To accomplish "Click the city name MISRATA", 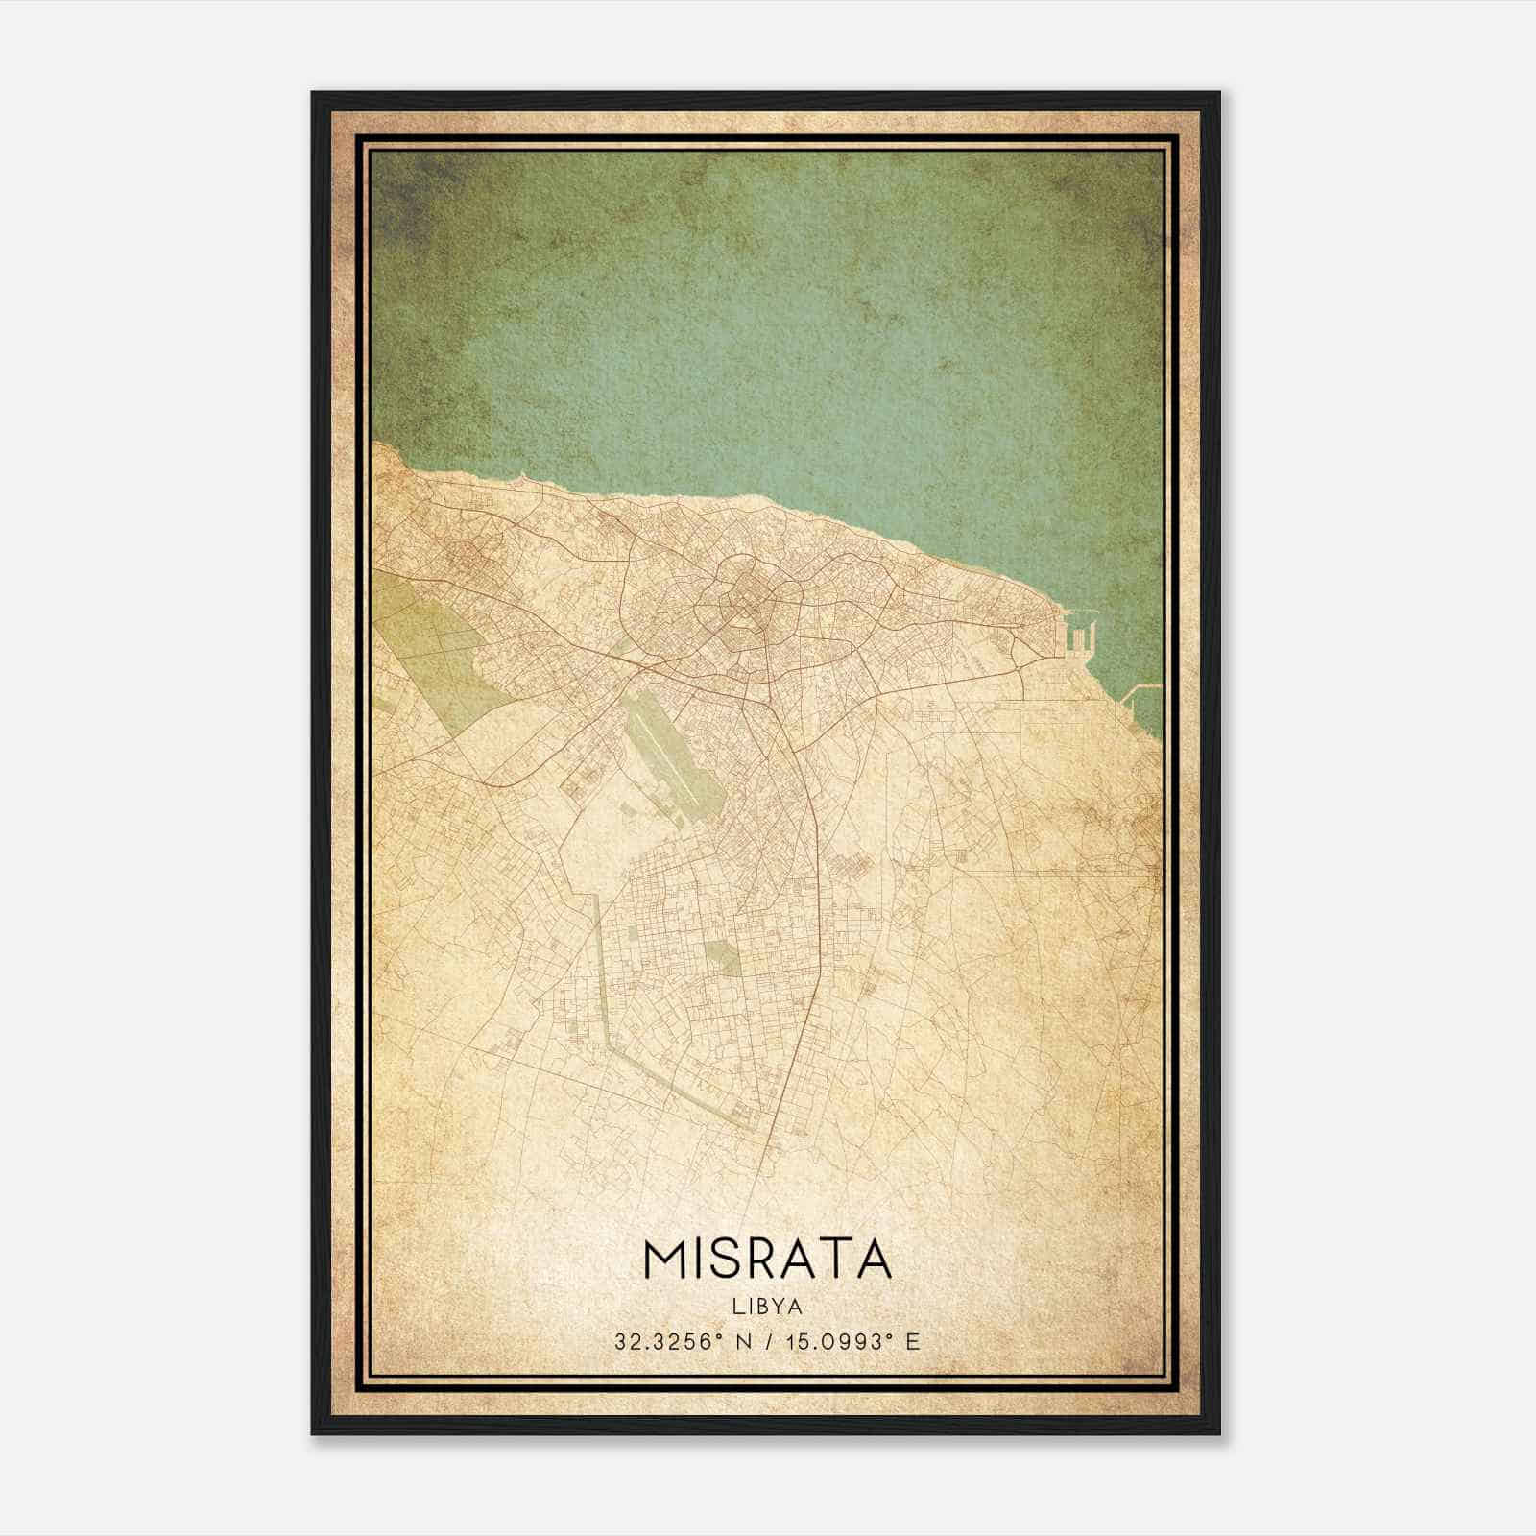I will click(767, 1259).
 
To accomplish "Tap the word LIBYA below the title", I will click(768, 1307).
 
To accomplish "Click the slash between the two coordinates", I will click(767, 1341).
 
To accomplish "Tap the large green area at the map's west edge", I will click(432, 653).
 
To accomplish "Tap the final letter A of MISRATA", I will click(874, 1259).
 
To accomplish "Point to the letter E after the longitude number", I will click(913, 1341).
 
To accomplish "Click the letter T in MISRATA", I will click(837, 1259).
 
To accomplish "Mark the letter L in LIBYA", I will click(737, 1307).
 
